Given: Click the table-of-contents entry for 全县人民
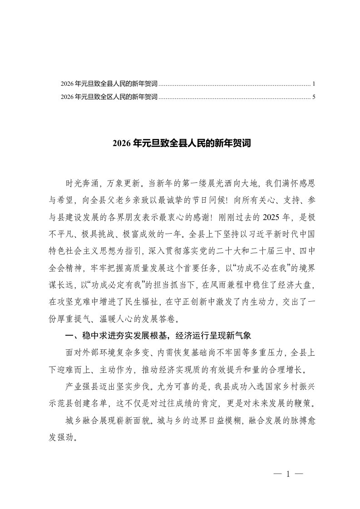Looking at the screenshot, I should pyautogui.click(x=109, y=84).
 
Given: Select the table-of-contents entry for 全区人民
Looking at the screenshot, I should pyautogui.click(x=109, y=97).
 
